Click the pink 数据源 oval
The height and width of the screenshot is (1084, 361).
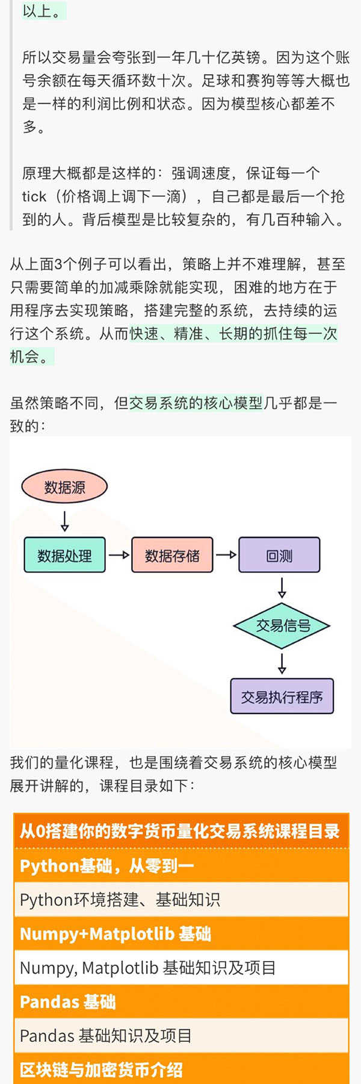point(64,487)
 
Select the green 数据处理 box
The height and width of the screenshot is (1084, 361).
point(64,555)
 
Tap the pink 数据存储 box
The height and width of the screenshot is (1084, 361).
point(172,555)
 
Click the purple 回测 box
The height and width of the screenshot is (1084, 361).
point(279,555)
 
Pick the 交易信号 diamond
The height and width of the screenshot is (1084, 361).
point(282,625)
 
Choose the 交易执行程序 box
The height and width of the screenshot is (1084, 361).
point(282,697)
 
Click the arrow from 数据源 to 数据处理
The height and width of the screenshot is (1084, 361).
point(64,520)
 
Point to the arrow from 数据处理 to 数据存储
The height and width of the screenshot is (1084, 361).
point(119,555)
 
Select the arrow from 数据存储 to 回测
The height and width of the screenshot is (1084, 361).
point(226,555)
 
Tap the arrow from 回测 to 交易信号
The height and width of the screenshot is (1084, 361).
point(282,587)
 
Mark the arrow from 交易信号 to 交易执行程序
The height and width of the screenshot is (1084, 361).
point(282,663)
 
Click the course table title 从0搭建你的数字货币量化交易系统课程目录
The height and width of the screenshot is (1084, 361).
point(180,832)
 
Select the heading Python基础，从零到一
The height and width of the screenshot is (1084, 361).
point(107,866)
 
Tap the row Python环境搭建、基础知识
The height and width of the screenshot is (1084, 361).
point(120,900)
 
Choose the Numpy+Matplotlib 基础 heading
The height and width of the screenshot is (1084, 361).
point(116,934)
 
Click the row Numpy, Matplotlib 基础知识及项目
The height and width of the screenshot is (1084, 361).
point(148,968)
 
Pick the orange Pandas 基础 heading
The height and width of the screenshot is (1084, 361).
point(67,1001)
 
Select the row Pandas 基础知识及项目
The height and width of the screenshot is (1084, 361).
point(106,1035)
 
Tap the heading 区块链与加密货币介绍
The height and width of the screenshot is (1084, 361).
point(101,1070)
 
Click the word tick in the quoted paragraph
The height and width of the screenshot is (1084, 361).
point(34,196)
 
